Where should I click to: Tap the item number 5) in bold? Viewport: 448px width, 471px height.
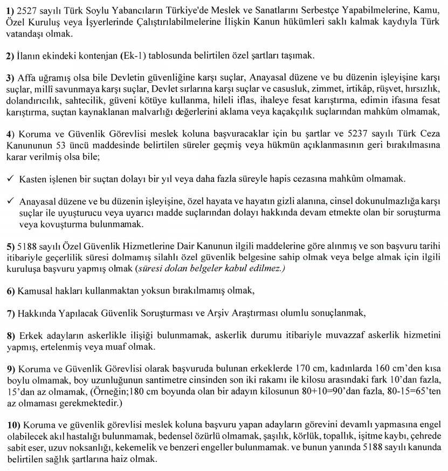(10, 246)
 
